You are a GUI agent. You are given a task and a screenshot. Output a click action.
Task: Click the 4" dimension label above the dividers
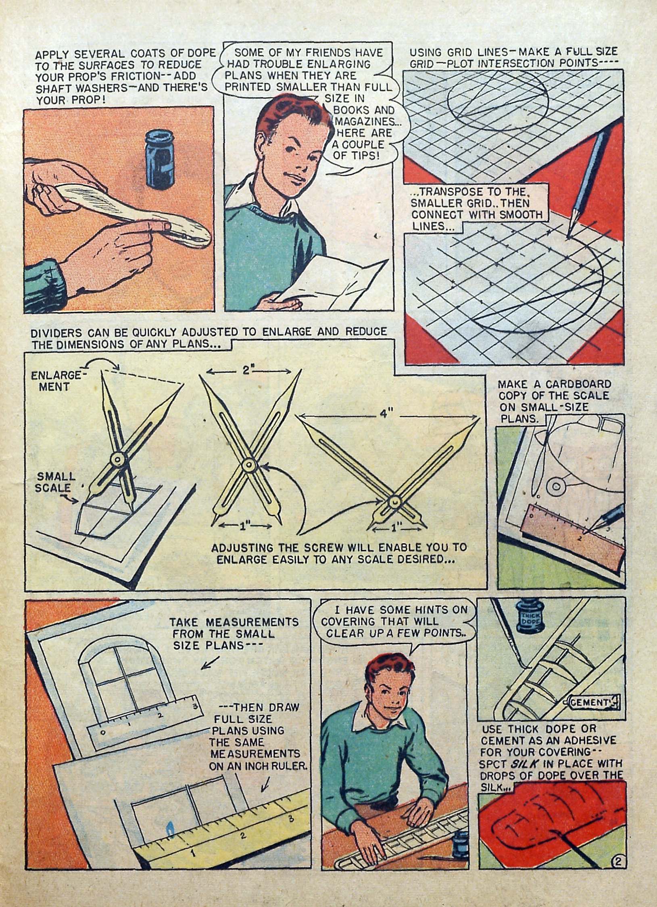coord(384,415)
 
